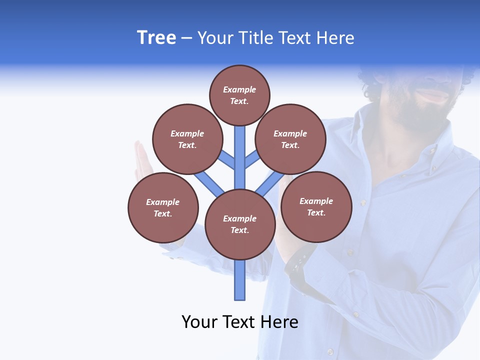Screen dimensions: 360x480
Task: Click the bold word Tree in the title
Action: (156, 38)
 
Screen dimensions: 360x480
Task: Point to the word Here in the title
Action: (334, 38)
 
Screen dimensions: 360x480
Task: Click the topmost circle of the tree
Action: (239, 95)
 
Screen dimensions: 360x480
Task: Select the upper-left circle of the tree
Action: (187, 139)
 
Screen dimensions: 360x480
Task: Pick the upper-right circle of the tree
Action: (290, 139)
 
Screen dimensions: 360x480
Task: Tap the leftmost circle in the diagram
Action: (163, 207)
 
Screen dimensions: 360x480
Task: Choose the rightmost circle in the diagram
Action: (316, 206)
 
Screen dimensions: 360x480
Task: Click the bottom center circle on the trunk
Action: (240, 224)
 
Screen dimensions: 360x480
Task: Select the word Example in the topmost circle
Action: (239, 89)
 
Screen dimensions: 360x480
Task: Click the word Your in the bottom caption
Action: (199, 322)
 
